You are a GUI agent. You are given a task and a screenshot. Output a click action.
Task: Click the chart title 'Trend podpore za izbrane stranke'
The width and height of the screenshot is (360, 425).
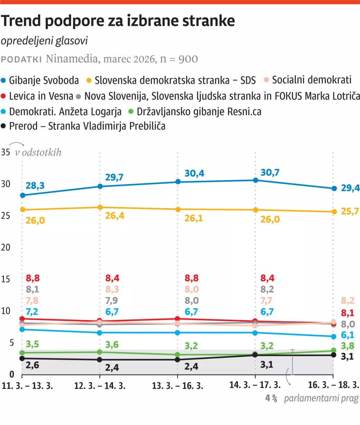118,22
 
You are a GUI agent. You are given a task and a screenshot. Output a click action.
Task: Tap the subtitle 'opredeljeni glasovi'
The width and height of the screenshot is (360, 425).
44,41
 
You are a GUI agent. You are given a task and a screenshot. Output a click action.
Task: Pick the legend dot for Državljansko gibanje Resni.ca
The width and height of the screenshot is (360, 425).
132,112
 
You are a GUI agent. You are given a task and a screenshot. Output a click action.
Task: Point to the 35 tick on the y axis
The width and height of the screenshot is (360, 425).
5,152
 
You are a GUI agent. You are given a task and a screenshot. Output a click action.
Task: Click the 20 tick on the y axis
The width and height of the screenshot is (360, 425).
5,247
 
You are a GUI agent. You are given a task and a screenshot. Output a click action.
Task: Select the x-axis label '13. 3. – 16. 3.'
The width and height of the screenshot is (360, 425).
177,386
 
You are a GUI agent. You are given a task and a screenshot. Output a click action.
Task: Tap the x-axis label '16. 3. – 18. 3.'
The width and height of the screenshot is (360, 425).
334,386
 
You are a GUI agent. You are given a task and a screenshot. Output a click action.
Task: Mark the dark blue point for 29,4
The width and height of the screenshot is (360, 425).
334,188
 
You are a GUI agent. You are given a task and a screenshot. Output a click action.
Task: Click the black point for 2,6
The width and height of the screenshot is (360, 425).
22,358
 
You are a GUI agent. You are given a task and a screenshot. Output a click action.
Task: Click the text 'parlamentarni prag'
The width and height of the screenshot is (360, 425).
321,399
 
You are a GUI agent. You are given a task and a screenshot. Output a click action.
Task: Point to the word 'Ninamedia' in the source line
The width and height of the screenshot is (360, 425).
71,59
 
